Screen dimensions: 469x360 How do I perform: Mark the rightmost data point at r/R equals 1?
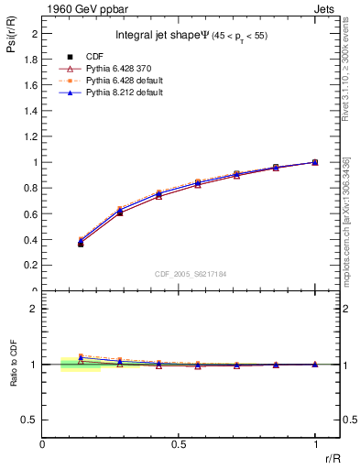pyautogui.click(x=315, y=162)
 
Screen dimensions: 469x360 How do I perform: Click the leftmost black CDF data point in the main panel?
pyautogui.click(x=81, y=244)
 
